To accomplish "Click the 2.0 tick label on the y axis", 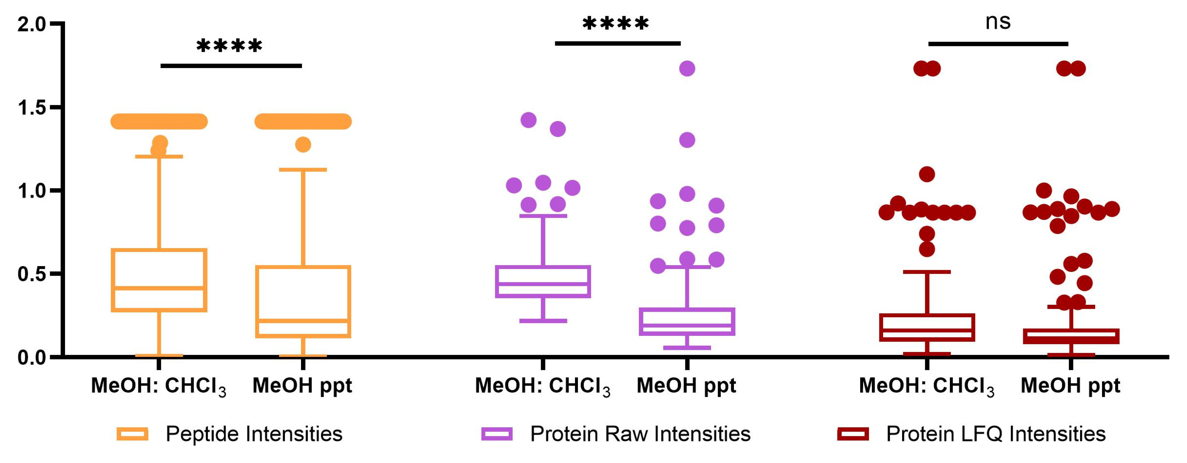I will click(31, 24).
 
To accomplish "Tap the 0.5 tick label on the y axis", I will click(31, 274).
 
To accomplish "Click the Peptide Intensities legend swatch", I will click(132, 434).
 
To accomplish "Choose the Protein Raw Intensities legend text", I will click(640, 434).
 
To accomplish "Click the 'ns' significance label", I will click(998, 22).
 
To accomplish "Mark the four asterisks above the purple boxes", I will click(615, 24).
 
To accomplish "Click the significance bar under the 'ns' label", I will click(998, 44).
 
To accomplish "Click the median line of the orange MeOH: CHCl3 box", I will click(159, 288).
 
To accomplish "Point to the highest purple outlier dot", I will click(687, 69).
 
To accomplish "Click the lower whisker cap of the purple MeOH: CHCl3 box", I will click(543, 321).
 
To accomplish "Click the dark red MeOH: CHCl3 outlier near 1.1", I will click(927, 174).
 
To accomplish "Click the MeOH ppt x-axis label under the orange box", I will click(302, 386).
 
